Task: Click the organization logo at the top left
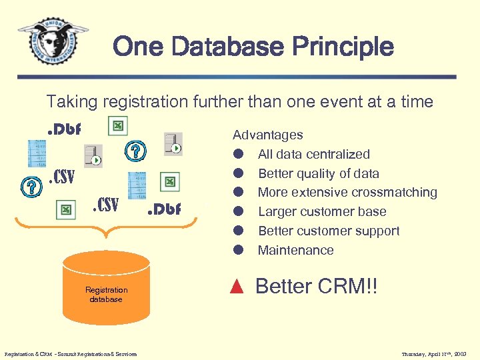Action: coord(53,41)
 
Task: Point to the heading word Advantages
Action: coord(267,135)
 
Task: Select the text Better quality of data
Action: coord(318,173)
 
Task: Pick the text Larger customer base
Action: coord(322,212)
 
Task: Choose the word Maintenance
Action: coord(295,251)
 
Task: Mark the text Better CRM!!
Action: coord(316,287)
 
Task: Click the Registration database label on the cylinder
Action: coord(106,295)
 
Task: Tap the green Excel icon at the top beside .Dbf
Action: coord(117,127)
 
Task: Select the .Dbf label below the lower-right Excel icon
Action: coord(164,209)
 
